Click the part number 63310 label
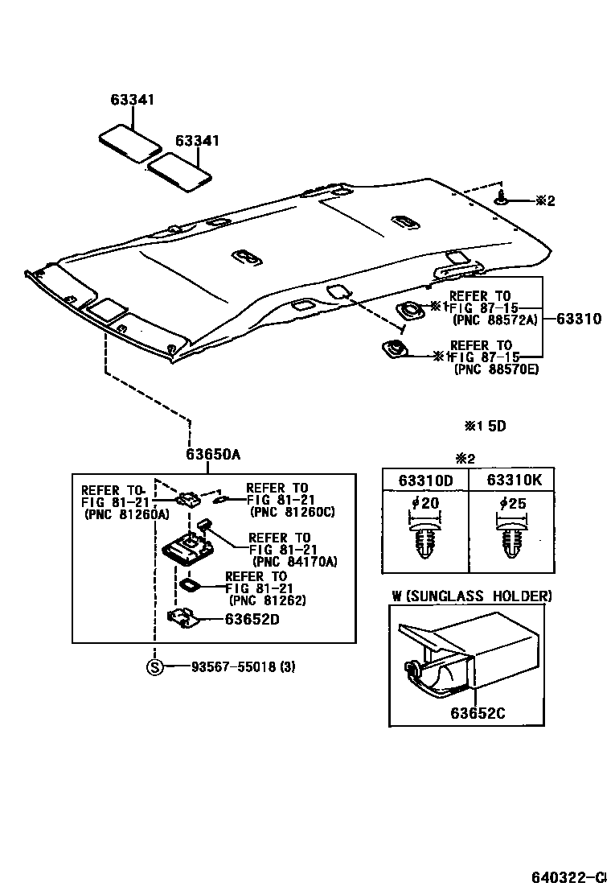point(578,319)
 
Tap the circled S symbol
point(154,666)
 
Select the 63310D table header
point(425,480)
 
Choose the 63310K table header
point(514,480)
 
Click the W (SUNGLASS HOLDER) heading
point(472,596)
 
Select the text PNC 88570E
point(496,369)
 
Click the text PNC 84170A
point(294,561)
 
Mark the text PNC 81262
point(269,600)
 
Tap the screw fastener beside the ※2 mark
point(502,199)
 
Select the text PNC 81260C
point(293,511)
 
